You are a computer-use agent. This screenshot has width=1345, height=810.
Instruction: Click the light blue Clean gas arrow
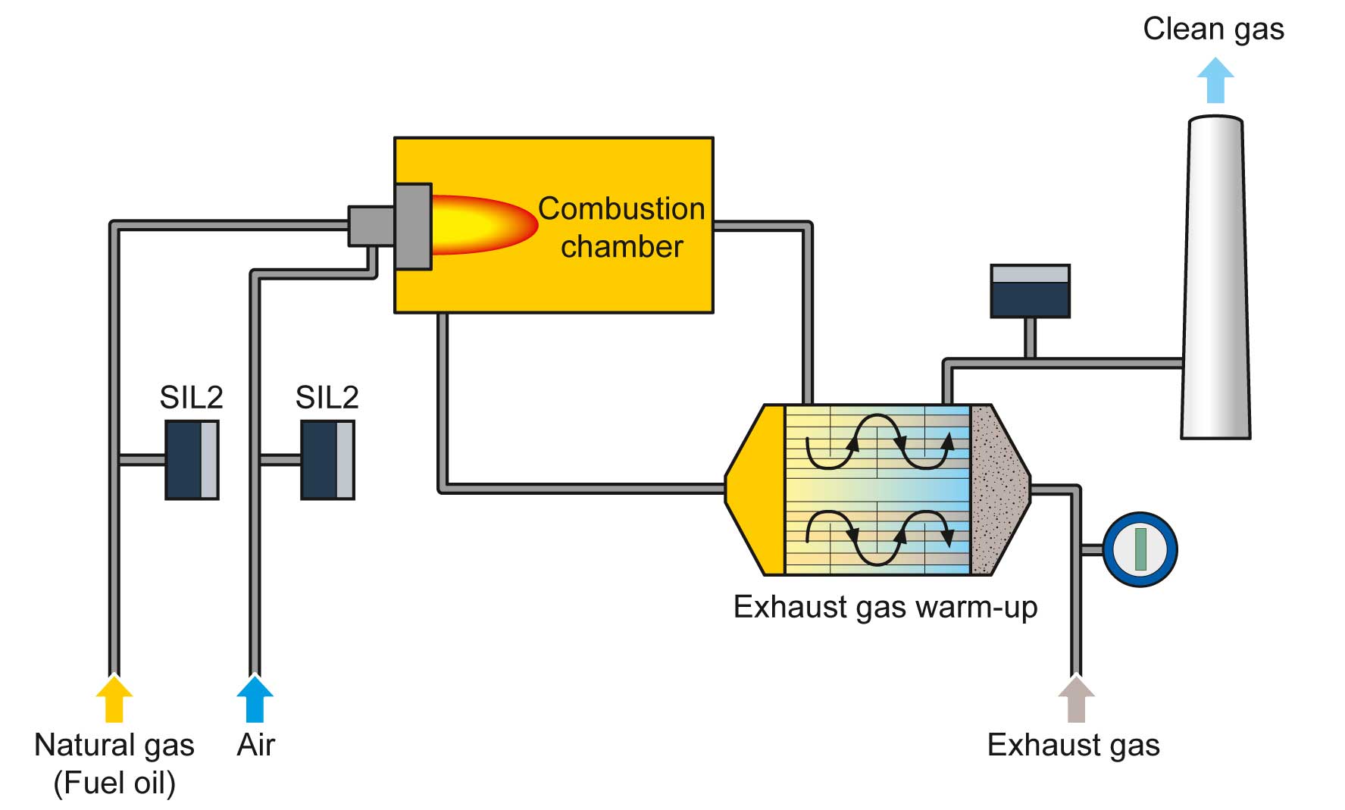point(1215,80)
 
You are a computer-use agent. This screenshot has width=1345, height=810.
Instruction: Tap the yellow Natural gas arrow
point(114,699)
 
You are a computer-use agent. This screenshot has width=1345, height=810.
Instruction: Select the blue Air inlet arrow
point(255,699)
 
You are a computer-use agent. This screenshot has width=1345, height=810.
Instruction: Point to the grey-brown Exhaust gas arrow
point(1075,699)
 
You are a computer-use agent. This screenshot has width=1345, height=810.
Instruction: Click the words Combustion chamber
point(621,227)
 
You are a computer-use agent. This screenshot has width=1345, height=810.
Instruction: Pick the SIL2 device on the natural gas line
point(192,460)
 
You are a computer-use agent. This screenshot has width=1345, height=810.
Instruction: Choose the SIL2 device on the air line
point(327,460)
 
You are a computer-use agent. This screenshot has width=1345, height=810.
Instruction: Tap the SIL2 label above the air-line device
point(327,397)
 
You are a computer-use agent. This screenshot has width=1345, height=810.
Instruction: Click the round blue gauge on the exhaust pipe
point(1140,550)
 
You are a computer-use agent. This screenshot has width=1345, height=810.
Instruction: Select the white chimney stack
point(1215,280)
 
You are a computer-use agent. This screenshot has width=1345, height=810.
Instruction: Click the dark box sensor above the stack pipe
point(1030,291)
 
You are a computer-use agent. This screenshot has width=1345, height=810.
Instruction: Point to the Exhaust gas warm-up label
point(885,608)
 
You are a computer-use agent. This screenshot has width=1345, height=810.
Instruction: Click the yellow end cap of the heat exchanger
point(758,490)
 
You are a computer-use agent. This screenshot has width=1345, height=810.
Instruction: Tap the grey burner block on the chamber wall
point(413,226)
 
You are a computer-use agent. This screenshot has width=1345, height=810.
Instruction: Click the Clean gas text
point(1213,30)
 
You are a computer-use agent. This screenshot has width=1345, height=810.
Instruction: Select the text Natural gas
point(114,746)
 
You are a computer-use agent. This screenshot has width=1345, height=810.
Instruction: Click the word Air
point(255,746)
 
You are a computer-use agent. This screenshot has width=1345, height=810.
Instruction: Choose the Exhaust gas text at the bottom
point(1073,746)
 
